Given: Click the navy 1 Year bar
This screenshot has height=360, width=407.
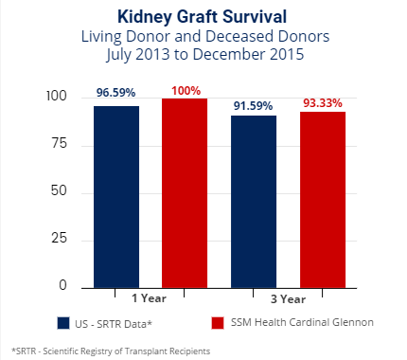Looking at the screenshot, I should pos(116,194).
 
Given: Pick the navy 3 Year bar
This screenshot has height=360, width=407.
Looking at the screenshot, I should pos(254,199).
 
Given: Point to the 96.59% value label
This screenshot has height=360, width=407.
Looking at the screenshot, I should pos(116,95).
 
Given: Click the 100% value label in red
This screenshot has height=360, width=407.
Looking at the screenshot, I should pos(185,89).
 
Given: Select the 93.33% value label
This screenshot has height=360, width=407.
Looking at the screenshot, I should pos(323,101).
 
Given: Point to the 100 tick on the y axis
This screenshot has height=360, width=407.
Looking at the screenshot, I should pos(56,98).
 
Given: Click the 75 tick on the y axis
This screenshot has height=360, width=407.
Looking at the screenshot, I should pos(60,144).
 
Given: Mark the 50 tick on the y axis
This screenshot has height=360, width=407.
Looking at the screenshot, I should pos(60,192).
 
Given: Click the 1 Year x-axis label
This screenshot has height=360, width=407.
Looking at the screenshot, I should pos(150,298).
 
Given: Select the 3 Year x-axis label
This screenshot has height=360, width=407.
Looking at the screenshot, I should pos(289,298).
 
